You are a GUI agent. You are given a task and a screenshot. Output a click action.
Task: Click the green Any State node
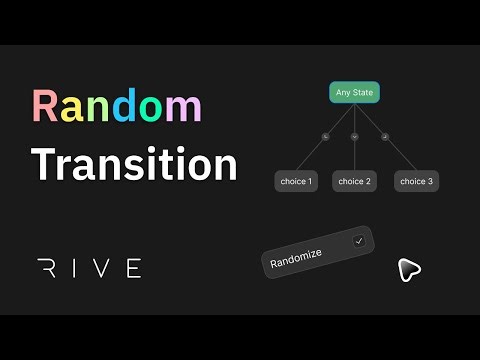[354, 93]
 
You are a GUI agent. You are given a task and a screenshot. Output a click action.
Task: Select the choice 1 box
[296, 181]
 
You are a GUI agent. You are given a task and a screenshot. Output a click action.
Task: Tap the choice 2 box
[355, 181]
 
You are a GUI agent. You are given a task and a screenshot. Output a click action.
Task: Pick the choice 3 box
[416, 181]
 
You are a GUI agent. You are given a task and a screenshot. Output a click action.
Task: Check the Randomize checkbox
[359, 241]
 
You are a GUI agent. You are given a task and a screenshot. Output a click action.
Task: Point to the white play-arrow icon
[406, 269]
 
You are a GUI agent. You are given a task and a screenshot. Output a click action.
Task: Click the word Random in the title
[116, 107]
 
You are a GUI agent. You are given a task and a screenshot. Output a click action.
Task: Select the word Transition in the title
[134, 164]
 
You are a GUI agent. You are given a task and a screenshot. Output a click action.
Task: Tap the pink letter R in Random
[44, 107]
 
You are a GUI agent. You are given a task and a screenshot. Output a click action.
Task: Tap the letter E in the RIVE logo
[133, 267]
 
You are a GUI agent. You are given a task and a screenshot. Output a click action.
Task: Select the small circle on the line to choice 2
[354, 136]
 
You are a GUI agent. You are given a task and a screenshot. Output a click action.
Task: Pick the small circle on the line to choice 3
[385, 136]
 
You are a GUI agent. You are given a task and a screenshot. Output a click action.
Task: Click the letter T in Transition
[44, 164]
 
